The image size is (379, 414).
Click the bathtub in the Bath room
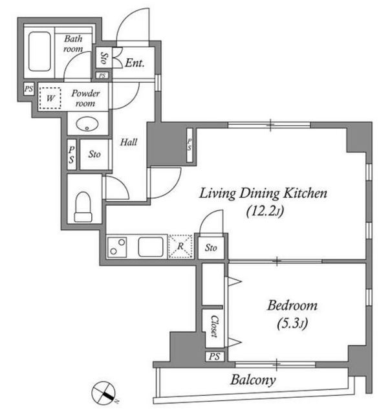[39, 52]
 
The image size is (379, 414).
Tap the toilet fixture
[83, 207]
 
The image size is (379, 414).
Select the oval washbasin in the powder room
[87, 124]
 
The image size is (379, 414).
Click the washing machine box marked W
[50, 98]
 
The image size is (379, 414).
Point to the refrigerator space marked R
[180, 246]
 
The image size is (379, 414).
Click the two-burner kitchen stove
[117, 247]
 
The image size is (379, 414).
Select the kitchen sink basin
[151, 247]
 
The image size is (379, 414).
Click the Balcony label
[253, 380]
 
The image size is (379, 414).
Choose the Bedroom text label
[292, 306]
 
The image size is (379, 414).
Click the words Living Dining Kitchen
[263, 193]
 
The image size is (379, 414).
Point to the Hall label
[129, 142]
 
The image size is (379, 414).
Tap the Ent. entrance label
[135, 63]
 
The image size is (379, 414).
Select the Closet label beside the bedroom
[215, 326]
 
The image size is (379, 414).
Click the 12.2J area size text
[265, 212]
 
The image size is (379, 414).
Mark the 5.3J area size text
[292, 323]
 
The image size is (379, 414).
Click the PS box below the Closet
[215, 356]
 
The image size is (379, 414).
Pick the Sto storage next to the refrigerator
[211, 248]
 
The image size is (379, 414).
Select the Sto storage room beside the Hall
[94, 154]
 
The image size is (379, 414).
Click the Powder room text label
[85, 98]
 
